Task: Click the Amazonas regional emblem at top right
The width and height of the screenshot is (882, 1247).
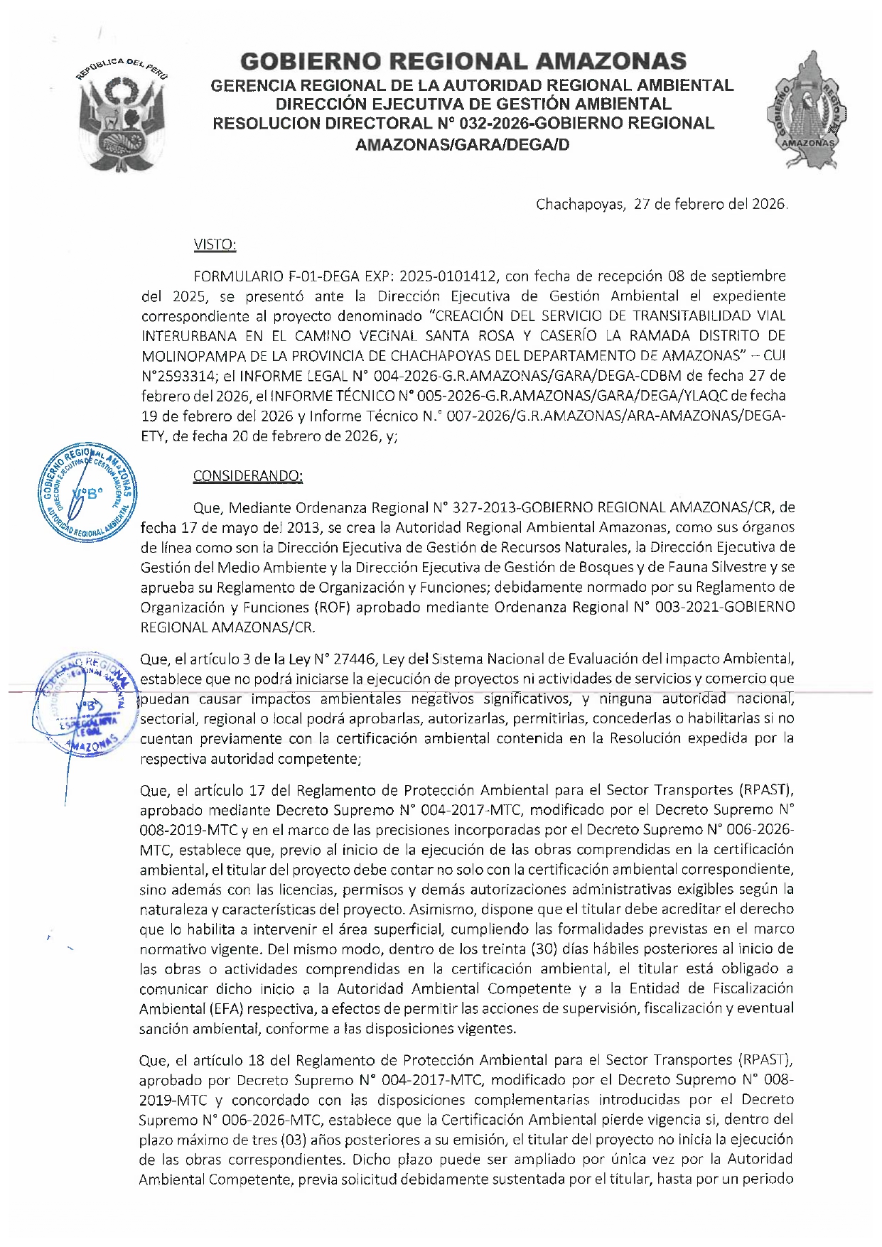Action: coord(807,110)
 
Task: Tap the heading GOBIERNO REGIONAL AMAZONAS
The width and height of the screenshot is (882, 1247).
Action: coord(463,62)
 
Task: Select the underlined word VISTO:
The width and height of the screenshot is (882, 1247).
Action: coord(215,245)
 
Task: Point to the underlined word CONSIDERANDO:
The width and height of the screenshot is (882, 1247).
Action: coord(247,476)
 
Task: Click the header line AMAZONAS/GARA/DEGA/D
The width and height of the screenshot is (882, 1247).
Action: coord(462,145)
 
